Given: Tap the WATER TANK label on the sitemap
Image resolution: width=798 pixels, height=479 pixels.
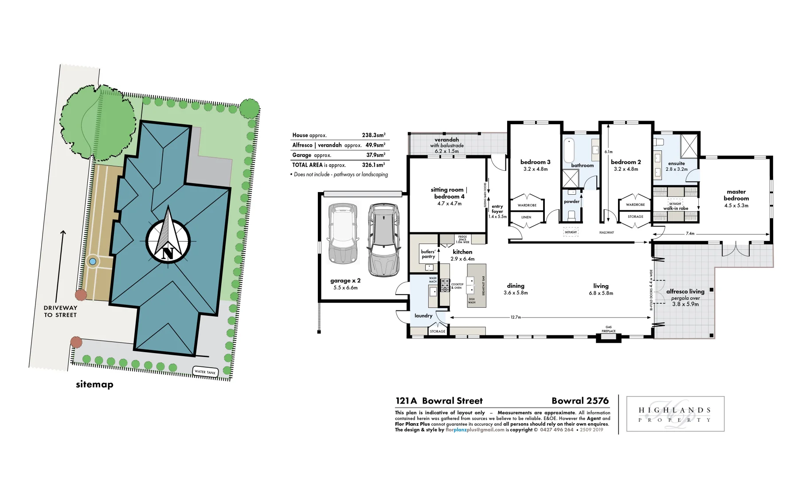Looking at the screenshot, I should point(205,372).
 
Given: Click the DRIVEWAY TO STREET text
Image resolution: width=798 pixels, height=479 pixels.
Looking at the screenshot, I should point(60,311).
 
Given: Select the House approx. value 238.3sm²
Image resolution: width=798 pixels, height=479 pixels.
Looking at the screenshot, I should point(373,135).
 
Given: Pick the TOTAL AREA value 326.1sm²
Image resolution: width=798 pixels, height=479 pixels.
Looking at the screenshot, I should point(373,165).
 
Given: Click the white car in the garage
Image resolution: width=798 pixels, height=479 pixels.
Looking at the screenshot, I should point(343,233).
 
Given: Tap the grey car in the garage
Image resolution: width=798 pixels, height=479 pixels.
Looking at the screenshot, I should point(383,239).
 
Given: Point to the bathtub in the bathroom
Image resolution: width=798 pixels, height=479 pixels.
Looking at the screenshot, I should point(569,150).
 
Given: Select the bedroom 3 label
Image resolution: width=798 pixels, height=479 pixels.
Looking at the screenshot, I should point(535,162).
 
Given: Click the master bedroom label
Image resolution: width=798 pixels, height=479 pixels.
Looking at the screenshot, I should point(736,195).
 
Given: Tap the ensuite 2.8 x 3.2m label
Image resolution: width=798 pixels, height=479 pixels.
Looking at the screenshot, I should point(677,166).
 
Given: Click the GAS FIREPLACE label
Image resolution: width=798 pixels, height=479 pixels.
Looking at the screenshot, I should point(608,329).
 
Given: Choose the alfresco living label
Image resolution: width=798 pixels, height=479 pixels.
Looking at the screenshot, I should point(685,291).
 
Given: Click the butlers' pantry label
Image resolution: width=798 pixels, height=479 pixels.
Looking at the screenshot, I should point(428,254).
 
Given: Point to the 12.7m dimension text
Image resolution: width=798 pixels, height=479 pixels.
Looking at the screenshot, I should point(516,317).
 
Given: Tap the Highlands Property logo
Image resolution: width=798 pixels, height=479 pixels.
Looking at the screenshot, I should point(675,414).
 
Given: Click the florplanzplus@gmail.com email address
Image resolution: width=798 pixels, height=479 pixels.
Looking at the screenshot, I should point(475,430).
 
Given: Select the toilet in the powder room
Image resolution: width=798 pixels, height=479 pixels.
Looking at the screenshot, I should point(571,216).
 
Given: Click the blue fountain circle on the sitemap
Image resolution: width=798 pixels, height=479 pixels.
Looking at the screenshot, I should point(92,262).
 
